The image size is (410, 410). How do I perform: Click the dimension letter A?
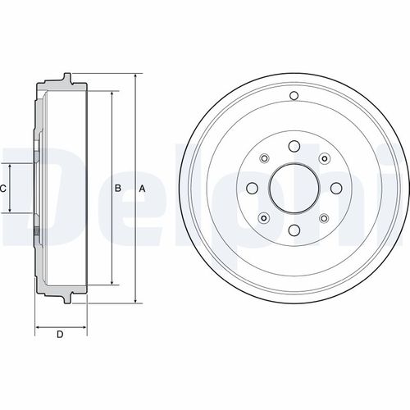142,189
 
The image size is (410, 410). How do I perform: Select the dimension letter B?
117,189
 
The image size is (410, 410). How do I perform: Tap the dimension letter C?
3,189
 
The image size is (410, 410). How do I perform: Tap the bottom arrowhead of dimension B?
109,284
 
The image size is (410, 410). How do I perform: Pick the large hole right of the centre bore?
335,189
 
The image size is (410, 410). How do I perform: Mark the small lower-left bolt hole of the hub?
264,218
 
